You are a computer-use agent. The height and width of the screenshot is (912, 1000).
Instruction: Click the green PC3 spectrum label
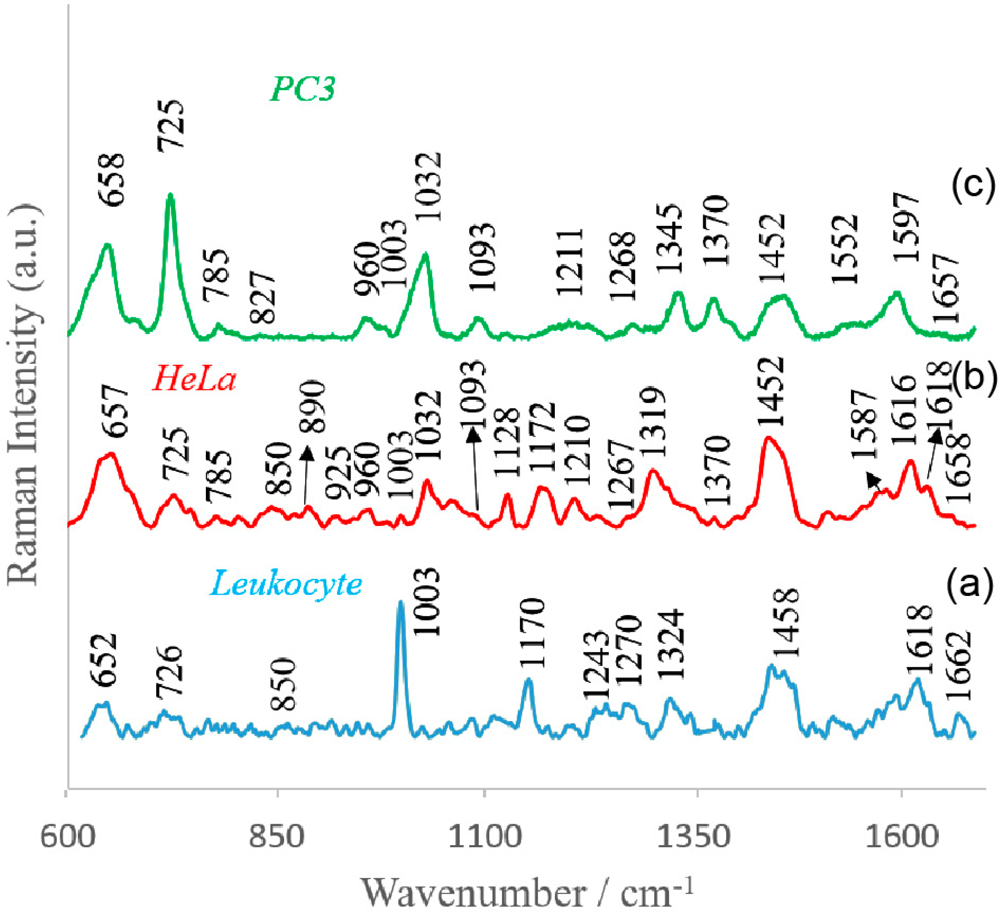click(x=302, y=90)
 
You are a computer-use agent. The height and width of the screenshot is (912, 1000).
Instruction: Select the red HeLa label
click(x=194, y=380)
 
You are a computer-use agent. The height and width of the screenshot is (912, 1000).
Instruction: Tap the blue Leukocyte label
click(x=286, y=584)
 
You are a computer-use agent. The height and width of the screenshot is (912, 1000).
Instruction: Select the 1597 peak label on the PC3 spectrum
click(x=906, y=228)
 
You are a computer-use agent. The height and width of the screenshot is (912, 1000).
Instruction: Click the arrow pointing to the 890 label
click(x=306, y=476)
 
